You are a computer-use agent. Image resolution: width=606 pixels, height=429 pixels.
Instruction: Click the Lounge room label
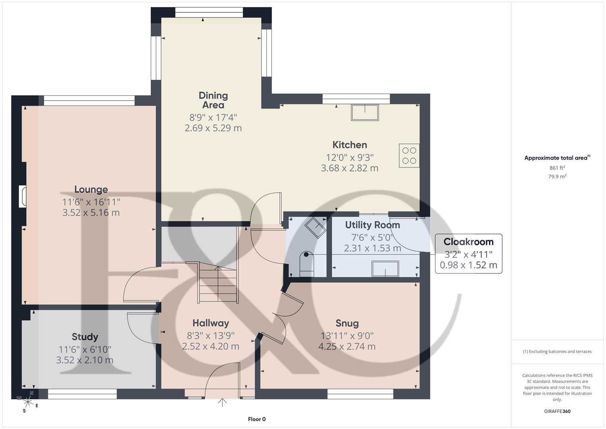(91, 189)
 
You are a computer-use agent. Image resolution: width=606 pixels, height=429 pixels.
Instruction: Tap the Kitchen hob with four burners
(409, 156)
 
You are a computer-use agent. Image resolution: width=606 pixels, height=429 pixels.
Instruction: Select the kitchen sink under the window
(364, 112)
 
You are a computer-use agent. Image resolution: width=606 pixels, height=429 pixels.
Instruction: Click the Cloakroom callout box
(468, 253)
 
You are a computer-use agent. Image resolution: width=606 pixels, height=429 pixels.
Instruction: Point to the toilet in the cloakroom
(307, 263)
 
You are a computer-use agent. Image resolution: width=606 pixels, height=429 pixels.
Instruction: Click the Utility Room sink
(385, 269)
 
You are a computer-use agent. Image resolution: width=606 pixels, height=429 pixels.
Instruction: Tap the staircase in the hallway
(218, 284)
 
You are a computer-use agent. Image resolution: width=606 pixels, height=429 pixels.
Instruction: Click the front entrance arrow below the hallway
(222, 403)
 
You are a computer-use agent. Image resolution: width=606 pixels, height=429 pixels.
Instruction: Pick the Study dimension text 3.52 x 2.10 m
(85, 360)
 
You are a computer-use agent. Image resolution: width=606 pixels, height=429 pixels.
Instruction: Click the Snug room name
(347, 323)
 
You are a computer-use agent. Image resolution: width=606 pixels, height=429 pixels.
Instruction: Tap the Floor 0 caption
(256, 419)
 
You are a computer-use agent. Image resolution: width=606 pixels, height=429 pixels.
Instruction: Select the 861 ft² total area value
(557, 168)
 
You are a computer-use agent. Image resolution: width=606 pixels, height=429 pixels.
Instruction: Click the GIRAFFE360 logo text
(557, 411)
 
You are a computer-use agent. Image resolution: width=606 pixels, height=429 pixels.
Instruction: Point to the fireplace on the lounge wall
(23, 197)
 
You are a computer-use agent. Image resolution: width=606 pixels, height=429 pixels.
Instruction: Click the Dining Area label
(213, 100)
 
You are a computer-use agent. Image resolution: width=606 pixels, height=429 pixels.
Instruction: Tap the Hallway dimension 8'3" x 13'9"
(210, 335)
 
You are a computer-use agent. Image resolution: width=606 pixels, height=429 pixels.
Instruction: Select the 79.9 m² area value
(557, 176)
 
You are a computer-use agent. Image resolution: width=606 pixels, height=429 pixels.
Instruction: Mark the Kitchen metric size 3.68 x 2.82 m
(349, 168)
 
